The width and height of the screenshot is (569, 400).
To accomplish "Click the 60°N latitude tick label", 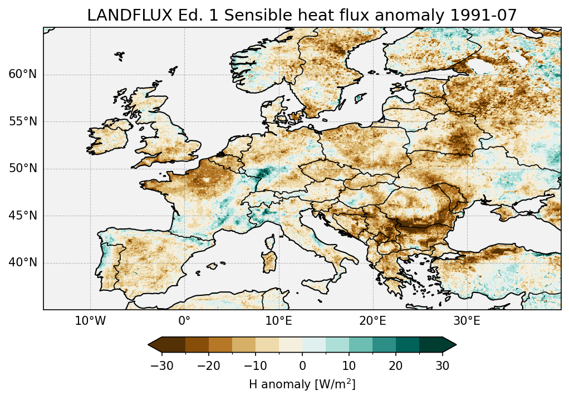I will [23, 75].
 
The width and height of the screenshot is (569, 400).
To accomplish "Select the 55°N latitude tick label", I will [23, 121].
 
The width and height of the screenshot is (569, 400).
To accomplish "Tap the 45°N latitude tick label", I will [23, 216].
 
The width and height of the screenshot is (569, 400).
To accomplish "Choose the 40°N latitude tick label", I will [23, 262].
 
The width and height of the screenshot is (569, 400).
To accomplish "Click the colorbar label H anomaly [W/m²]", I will [302, 384].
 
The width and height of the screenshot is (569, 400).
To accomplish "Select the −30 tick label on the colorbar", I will [161, 365].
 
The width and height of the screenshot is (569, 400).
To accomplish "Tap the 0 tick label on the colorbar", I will [302, 365].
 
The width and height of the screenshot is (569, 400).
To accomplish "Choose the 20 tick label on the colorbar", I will [396, 365].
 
